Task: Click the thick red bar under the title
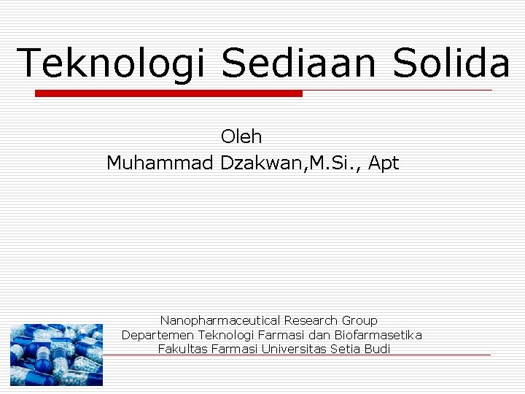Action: pyautogui.click(x=168, y=93)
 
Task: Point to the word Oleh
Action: pyautogui.click(x=241, y=136)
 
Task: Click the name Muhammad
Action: pyautogui.click(x=160, y=163)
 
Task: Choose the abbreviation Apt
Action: pyautogui.click(x=384, y=164)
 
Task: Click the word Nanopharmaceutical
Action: pyautogui.click(x=220, y=320)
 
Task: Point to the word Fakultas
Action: pyautogui.click(x=182, y=349)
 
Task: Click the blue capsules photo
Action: pyautogui.click(x=56, y=355)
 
